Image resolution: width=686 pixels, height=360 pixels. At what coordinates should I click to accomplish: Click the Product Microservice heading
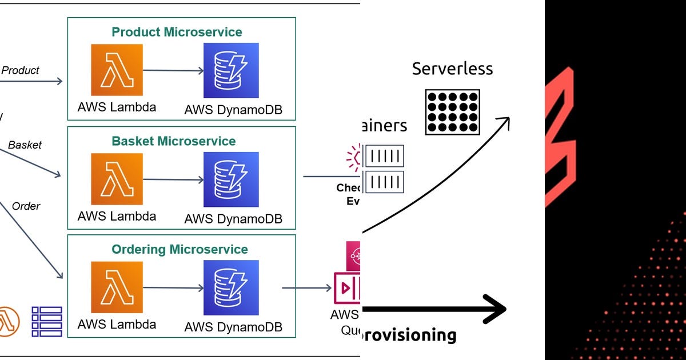pos(177,32)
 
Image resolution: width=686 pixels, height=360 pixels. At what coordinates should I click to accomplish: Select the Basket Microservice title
pos(174,141)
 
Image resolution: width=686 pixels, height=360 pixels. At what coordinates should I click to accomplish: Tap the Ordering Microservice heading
pos(180,249)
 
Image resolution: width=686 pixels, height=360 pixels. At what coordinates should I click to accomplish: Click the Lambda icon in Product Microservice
pos(117,70)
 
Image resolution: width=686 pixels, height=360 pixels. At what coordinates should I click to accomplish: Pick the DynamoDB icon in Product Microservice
pos(232,70)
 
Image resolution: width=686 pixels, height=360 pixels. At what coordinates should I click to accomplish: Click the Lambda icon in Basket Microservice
pos(117,179)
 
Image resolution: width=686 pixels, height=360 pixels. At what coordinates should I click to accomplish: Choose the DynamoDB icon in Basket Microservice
pos(232,179)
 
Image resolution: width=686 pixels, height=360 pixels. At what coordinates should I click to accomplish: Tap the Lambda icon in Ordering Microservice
pos(117,287)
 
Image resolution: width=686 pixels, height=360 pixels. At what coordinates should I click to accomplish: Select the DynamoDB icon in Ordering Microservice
pos(232,287)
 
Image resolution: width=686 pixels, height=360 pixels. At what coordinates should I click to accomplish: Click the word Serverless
pos(452,69)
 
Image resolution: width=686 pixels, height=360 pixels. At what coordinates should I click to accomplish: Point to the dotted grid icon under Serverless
pos(452,112)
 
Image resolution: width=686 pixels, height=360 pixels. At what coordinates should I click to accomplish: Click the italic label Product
pos(21,70)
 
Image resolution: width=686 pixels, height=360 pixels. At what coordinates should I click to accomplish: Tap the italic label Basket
pos(25,145)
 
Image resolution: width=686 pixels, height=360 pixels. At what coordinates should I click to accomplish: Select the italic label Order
pos(26,206)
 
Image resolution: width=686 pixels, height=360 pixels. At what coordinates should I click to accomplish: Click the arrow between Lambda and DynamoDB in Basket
pos(173,179)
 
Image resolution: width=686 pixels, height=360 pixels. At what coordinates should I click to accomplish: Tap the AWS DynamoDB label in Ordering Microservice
pos(233,327)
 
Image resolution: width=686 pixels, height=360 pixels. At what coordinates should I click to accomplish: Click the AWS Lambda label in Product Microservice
pos(117,107)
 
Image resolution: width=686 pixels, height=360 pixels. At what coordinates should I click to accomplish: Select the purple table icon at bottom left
pos(47,321)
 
